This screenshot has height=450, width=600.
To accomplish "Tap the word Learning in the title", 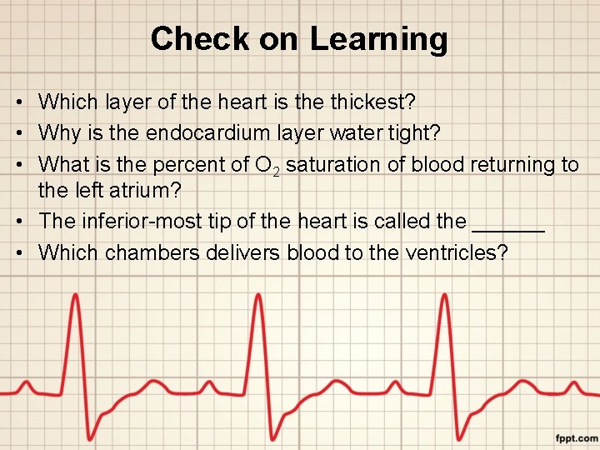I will point(378,39).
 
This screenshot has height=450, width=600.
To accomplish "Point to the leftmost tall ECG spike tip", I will point(76,297).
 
